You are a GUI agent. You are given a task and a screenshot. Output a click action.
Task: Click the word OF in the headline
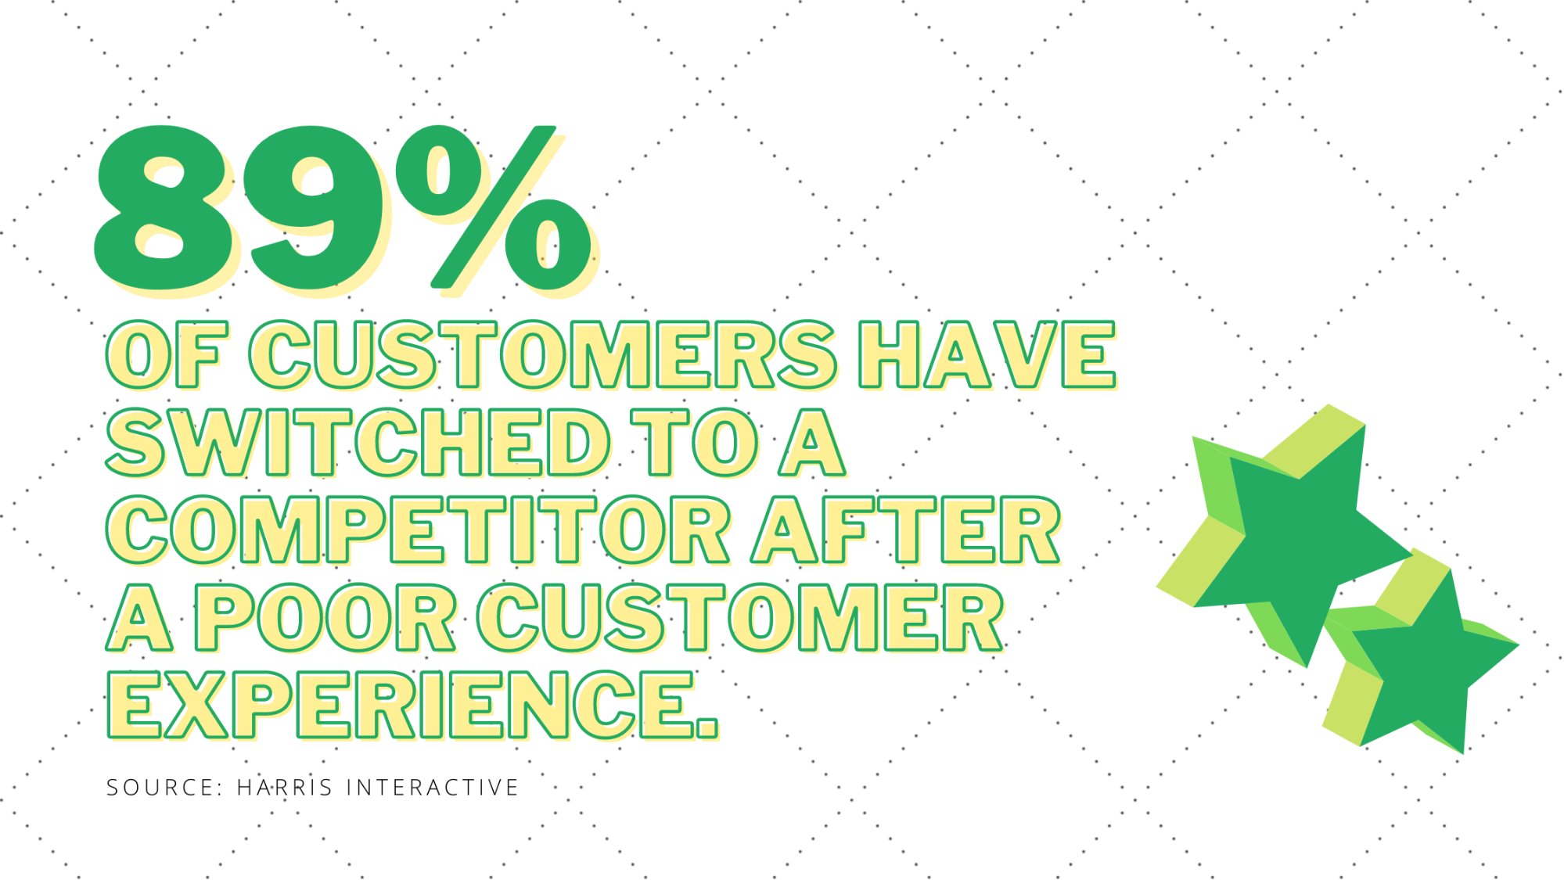167,354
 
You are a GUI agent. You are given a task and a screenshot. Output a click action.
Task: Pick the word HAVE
987,354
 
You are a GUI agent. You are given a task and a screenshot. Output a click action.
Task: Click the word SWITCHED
358,442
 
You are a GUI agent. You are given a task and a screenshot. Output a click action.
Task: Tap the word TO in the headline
695,442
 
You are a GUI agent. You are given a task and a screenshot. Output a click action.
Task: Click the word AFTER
906,530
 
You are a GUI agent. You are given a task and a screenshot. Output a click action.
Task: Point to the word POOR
325,617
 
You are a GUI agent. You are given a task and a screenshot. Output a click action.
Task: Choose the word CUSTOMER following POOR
741,617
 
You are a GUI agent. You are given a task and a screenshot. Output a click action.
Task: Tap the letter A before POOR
139,617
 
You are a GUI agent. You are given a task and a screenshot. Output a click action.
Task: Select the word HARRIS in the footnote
285,787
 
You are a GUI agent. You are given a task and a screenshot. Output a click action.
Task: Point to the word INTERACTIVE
433,787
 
